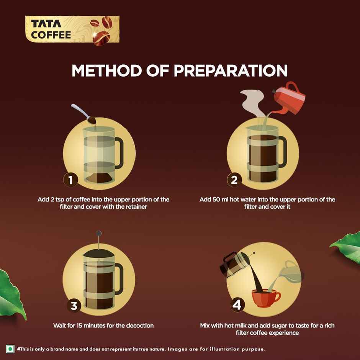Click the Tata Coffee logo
(72, 30)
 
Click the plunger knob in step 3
(99, 233)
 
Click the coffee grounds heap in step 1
(98, 178)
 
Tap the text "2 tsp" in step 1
(58, 200)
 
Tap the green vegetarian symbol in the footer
(10, 349)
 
